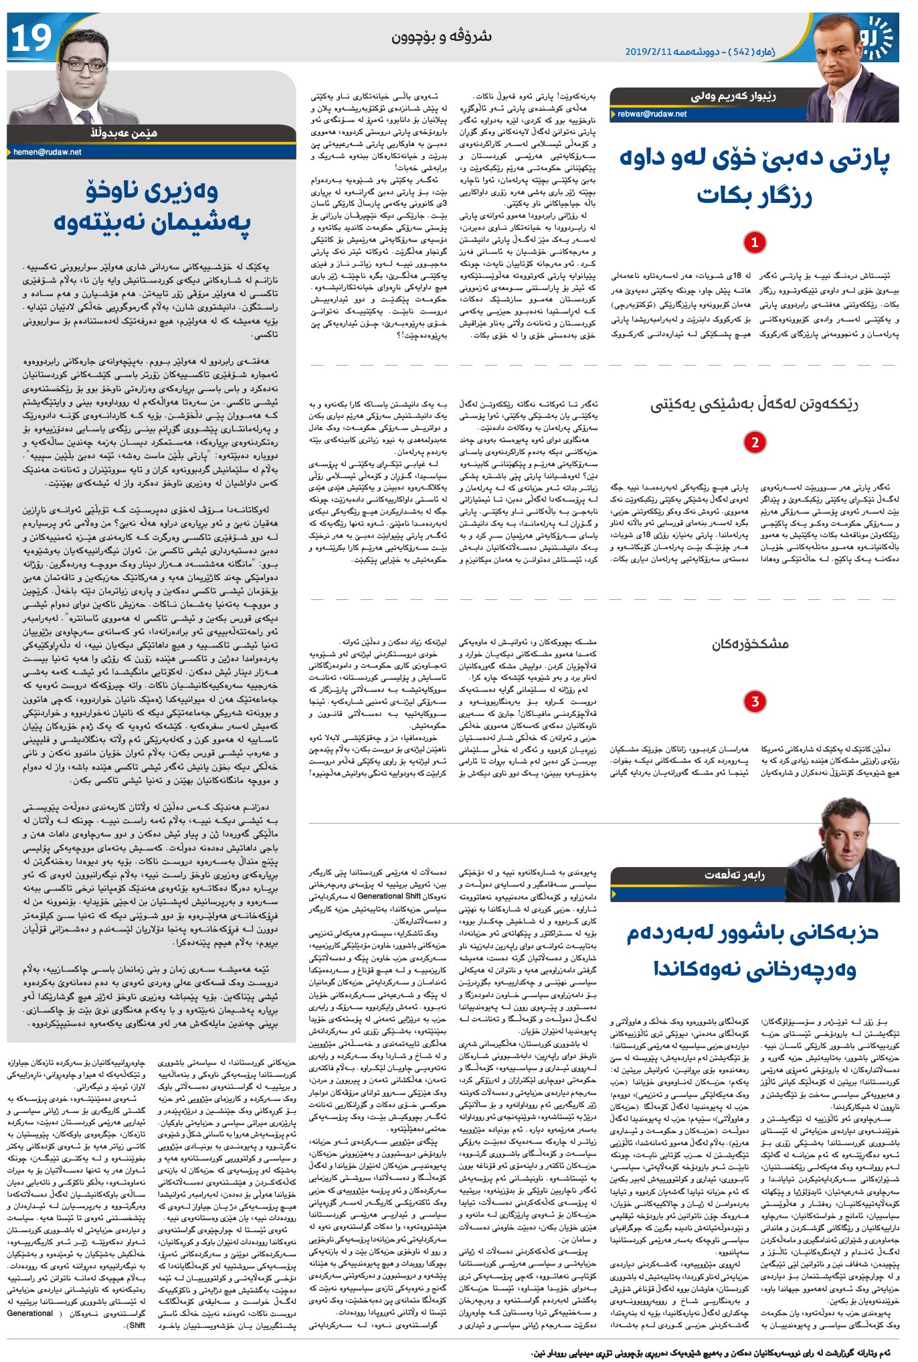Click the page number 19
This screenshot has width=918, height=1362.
tap(31, 39)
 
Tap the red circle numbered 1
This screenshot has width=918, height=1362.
tap(754, 242)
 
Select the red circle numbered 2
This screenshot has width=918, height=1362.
tap(754, 442)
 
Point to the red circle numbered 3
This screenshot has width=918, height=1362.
tap(754, 701)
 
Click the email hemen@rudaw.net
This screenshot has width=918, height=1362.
tap(48, 152)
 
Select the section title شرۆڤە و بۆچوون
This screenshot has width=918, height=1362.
tap(441, 36)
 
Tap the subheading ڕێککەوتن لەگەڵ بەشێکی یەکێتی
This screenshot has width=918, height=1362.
tap(754, 404)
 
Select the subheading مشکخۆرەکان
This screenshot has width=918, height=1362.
tap(750, 644)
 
